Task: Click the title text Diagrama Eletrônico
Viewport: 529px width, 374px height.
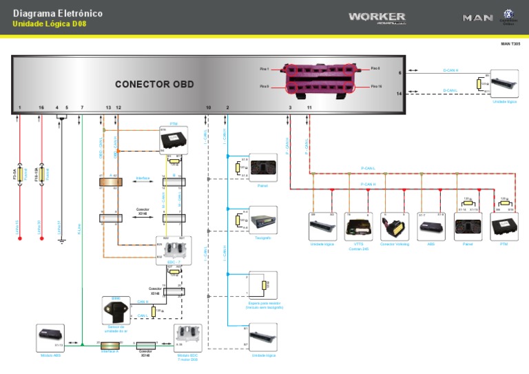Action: pyautogui.click(x=58, y=13)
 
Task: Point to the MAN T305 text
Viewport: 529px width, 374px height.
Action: pyautogui.click(x=510, y=43)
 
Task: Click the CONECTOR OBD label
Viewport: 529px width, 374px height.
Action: pyautogui.click(x=154, y=85)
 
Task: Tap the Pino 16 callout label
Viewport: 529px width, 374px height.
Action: pyautogui.click(x=375, y=87)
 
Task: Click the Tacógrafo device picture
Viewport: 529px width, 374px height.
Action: pyautogui.click(x=263, y=221)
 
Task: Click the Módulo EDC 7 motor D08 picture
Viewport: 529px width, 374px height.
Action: pyautogui.click(x=187, y=337)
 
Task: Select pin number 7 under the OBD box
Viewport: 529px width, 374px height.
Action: pyautogui.click(x=82, y=108)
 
